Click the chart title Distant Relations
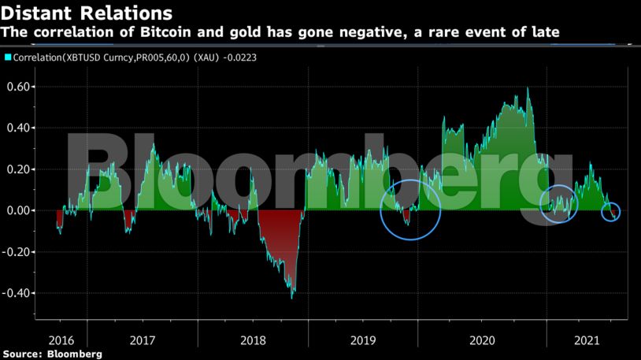pyautogui.click(x=87, y=13)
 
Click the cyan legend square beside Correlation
pyautogui.click(x=8, y=58)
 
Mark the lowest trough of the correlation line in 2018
pyautogui.click(x=292, y=298)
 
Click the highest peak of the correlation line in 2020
pyautogui.click(x=527, y=88)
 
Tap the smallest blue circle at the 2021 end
pyautogui.click(x=611, y=211)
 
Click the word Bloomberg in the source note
pyautogui.click(x=73, y=354)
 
